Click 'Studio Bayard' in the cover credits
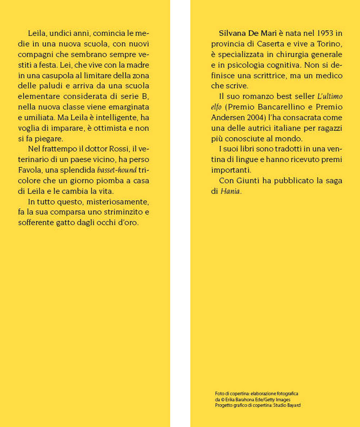(287, 405)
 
